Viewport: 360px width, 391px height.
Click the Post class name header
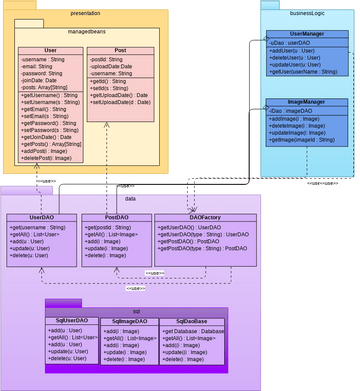tap(119, 49)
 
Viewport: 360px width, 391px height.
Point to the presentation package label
tap(85, 15)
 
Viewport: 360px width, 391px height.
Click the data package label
tap(131, 198)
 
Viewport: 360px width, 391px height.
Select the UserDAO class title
tap(42, 217)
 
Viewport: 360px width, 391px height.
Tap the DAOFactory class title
tap(204, 217)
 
